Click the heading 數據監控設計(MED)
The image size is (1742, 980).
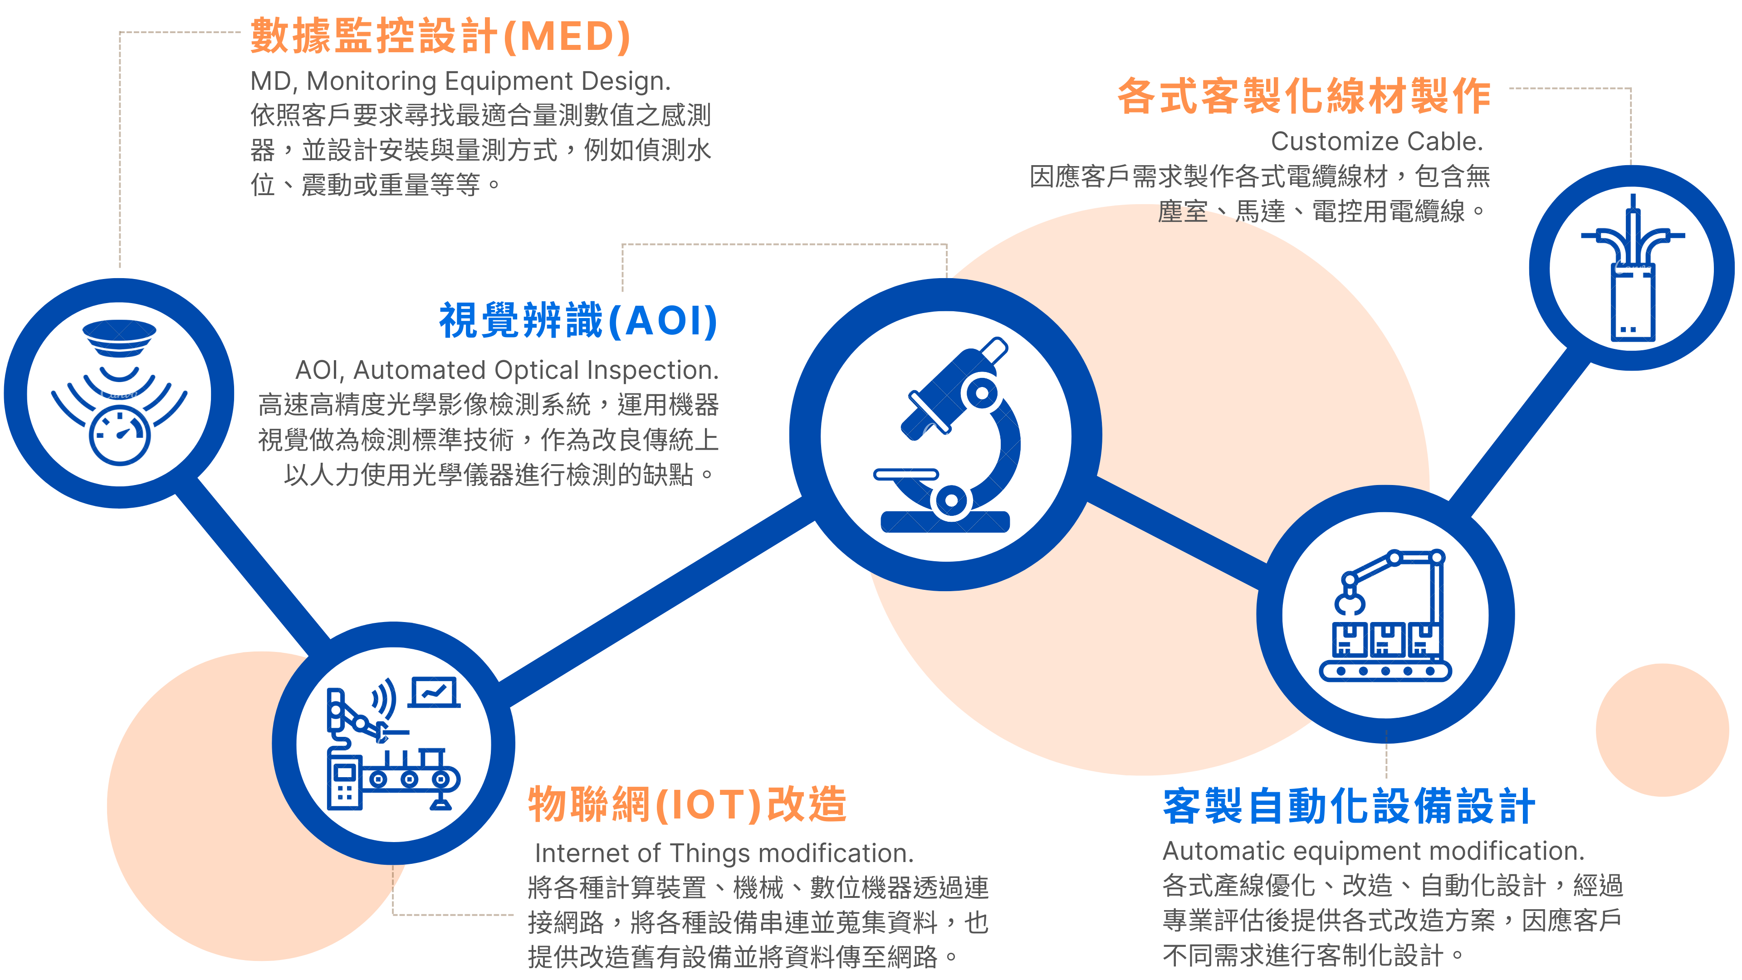(441, 36)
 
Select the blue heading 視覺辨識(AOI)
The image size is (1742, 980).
(579, 321)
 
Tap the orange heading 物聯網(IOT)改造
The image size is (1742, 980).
(687, 805)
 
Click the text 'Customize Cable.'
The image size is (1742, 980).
(1377, 142)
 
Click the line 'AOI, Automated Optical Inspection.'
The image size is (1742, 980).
(507, 370)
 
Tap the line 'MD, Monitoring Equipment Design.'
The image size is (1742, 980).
(460, 81)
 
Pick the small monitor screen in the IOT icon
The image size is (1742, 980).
(434, 692)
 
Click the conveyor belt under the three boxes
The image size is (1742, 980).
(1385, 671)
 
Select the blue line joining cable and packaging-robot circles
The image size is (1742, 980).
(1520, 431)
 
